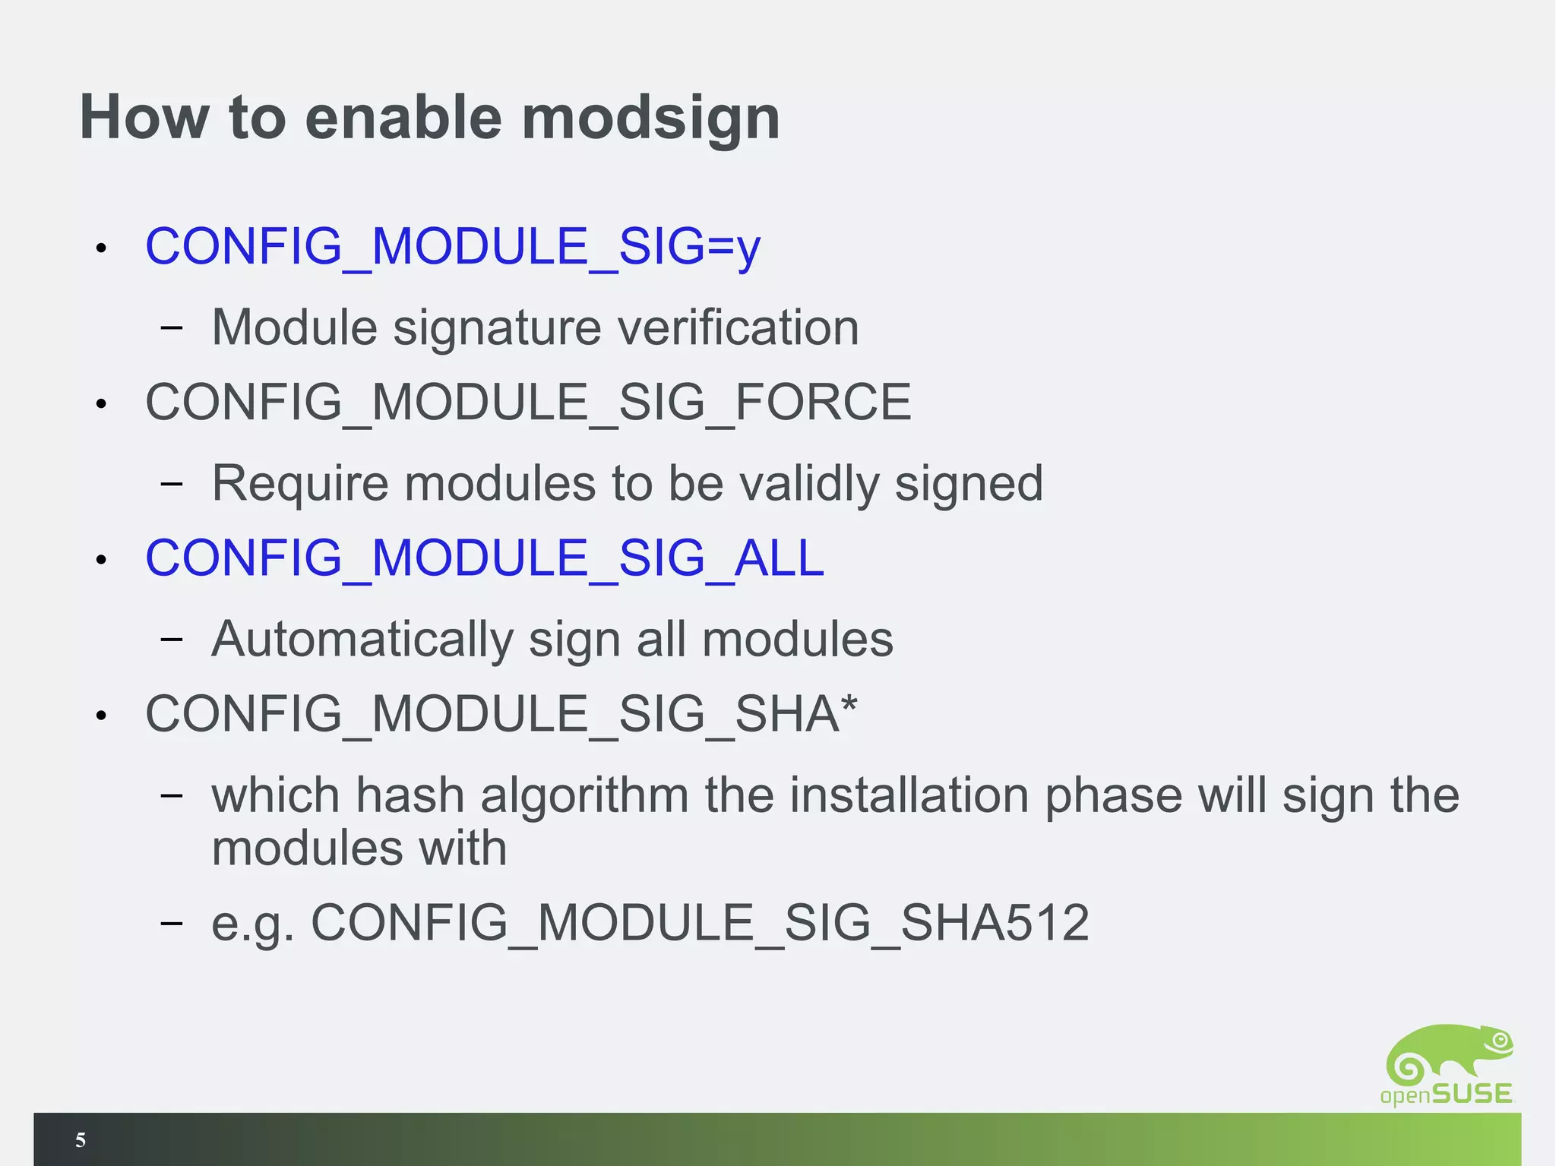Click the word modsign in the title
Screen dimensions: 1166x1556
point(650,118)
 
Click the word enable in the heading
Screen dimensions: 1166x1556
point(403,118)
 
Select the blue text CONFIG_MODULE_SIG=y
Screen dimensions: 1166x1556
point(453,247)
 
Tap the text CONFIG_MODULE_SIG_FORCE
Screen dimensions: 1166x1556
point(528,402)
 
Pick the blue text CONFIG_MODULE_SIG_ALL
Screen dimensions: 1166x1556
point(485,558)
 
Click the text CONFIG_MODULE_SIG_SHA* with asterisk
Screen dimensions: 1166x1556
point(501,714)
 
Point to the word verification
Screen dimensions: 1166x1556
point(738,327)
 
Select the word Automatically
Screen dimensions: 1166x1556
point(362,640)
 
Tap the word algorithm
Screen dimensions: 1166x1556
point(583,796)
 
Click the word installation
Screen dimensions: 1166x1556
point(908,796)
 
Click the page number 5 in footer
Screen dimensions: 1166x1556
point(81,1139)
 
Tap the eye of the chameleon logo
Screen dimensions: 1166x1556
point(1499,1039)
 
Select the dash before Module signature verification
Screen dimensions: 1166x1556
point(172,327)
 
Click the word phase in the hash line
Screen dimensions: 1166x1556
point(1113,796)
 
